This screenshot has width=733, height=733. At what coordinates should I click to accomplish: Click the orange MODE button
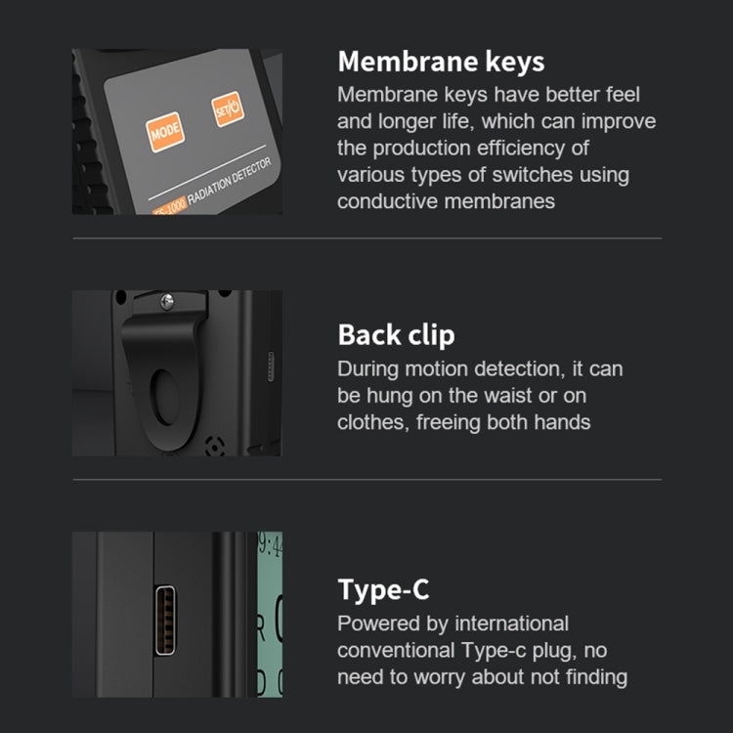[x=165, y=132]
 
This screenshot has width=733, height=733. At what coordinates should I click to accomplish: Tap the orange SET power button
[x=228, y=108]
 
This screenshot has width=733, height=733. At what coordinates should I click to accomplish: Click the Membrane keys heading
[x=441, y=63]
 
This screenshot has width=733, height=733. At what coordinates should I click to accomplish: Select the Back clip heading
[x=396, y=335]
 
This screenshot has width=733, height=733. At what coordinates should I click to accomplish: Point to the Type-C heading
[x=383, y=590]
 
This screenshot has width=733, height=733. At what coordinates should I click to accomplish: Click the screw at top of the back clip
[x=167, y=302]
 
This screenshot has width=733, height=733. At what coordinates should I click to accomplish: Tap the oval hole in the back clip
[x=164, y=398]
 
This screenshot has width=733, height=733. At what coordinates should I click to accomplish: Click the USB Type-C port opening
[x=165, y=620]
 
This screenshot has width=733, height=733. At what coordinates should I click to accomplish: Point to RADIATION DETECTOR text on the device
[x=229, y=181]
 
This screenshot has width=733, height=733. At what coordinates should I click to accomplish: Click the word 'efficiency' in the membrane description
[x=521, y=149]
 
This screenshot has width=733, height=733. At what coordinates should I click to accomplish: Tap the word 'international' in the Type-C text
[x=511, y=624]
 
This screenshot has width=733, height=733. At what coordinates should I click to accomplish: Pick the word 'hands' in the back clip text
[x=562, y=422]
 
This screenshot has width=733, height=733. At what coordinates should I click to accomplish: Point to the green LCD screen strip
[x=270, y=615]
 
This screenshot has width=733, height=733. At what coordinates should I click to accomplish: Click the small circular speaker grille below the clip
[x=215, y=447]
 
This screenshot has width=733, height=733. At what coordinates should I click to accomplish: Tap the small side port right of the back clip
[x=270, y=366]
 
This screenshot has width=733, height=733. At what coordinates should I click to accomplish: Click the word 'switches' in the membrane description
[x=532, y=175]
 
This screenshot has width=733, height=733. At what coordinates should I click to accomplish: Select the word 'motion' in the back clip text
[x=436, y=368]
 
